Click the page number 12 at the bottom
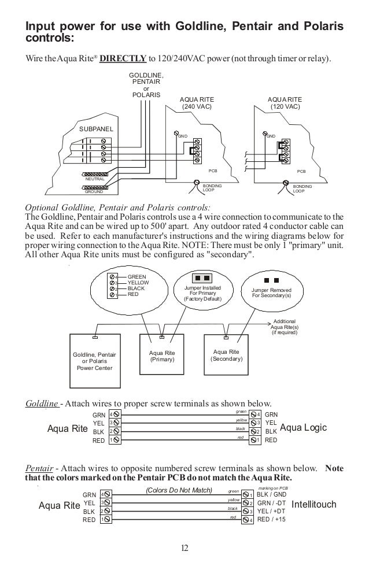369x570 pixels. pos(184,547)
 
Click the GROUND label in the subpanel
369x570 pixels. pos(95,191)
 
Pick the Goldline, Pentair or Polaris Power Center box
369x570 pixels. pos(93,361)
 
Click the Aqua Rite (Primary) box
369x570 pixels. pos(162,356)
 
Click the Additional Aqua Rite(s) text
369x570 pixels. pos(284,327)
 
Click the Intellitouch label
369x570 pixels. pos(314,505)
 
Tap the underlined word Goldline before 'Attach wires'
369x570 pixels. pos(43,403)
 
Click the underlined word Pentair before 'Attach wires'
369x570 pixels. pos(40,468)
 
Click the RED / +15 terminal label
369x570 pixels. pos(272,520)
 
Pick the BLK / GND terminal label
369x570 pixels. pos(272,495)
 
